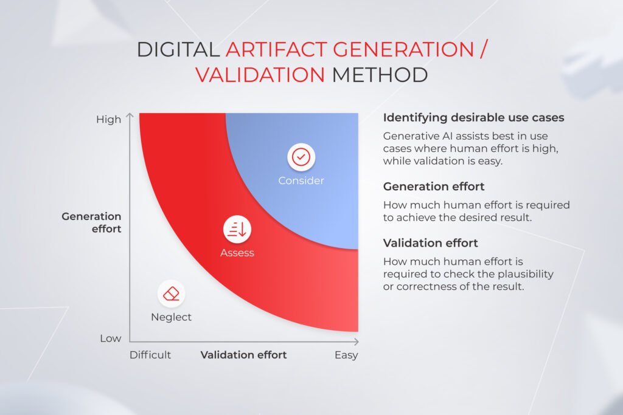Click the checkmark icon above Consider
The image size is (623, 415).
click(301, 157)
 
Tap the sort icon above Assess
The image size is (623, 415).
click(237, 229)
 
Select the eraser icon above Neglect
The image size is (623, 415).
click(172, 293)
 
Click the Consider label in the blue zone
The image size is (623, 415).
click(301, 180)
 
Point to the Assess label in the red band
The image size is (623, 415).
click(237, 253)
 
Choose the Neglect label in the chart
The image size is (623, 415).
click(171, 317)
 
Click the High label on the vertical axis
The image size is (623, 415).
click(109, 120)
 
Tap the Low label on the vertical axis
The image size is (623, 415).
click(110, 338)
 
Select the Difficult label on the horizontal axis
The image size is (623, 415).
click(150, 355)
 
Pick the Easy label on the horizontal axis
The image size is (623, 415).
click(346, 355)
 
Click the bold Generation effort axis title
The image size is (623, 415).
click(91, 222)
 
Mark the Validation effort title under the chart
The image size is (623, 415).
click(243, 355)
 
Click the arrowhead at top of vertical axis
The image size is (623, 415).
click(130, 114)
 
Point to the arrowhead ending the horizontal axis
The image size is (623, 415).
click(357, 342)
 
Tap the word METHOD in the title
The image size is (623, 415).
click(379, 75)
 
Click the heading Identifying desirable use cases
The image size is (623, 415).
click(473, 118)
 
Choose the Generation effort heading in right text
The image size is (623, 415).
click(434, 187)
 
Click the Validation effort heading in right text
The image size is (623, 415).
click(430, 243)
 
